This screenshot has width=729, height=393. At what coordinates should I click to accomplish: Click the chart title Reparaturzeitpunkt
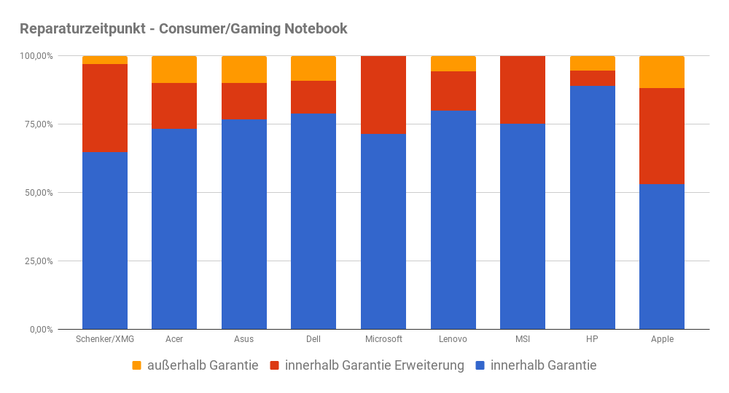point(183,29)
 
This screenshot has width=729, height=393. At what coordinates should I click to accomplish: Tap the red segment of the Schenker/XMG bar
point(105,108)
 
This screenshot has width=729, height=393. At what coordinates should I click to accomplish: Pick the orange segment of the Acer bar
point(174,69)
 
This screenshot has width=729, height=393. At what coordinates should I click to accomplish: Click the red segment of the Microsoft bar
point(383,95)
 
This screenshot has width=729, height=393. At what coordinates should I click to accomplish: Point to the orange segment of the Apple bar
point(661,72)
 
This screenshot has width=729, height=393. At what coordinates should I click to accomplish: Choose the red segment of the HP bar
point(592,78)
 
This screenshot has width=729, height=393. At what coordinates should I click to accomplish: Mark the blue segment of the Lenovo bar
point(453,219)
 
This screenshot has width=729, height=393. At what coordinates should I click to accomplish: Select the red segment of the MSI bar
point(523,90)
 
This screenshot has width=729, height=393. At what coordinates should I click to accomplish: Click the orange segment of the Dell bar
point(313,68)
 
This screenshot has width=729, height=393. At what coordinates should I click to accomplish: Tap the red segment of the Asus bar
point(244,100)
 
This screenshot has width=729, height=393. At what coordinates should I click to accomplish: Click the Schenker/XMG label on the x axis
point(105,339)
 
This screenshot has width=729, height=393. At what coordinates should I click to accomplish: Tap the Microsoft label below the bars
point(383,339)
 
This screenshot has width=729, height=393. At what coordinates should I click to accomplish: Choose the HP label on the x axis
point(592,339)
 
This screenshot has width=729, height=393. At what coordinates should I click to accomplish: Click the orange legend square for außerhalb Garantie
point(137,365)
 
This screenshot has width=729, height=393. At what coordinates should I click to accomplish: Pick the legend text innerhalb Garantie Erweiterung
point(375,365)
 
